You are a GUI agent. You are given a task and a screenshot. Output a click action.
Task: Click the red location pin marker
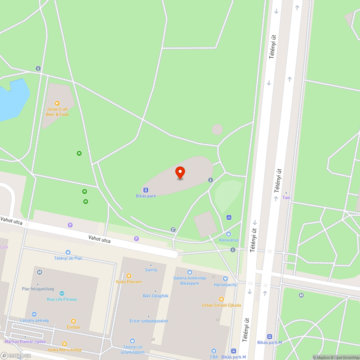[180, 172]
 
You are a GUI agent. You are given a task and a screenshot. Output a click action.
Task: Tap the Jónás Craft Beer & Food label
[57, 112]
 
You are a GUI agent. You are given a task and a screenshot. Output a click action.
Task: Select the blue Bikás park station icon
[145, 190]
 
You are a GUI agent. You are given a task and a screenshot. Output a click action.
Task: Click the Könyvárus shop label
[229, 240]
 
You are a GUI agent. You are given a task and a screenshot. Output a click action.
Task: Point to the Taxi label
[286, 198]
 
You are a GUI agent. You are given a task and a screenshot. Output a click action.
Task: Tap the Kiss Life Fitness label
[62, 299]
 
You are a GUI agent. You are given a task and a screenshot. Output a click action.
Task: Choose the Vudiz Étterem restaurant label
[129, 282]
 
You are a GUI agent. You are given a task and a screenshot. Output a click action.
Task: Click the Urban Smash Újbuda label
[221, 305]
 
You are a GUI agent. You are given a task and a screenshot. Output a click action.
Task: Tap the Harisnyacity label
[225, 284]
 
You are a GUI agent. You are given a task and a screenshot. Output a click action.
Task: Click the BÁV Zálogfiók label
[156, 296]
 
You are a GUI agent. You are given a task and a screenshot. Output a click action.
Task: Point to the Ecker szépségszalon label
[149, 321]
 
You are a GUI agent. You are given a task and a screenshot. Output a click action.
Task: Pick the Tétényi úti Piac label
[68, 258]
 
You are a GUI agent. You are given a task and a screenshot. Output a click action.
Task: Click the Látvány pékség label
[34, 320]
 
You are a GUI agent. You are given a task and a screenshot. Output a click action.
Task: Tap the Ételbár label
[73, 327]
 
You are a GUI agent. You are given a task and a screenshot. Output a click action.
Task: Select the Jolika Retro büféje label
[64, 350]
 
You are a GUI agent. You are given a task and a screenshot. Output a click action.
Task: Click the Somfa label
[150, 270]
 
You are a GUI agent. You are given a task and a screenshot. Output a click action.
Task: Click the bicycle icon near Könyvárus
[229, 217]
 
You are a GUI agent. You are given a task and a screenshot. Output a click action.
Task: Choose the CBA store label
[214, 357]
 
